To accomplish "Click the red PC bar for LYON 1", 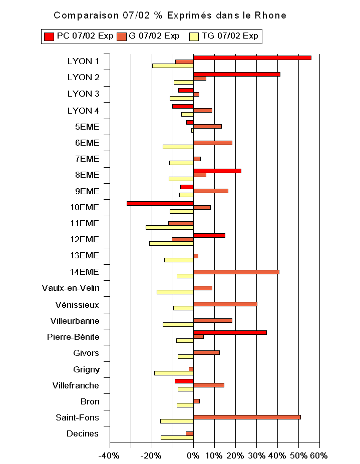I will tap(252, 58).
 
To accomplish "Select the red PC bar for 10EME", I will tap(160, 203).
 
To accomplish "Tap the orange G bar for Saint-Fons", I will tap(247, 416).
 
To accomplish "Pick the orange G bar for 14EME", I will tap(236, 272).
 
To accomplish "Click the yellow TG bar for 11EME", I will tap(169, 227).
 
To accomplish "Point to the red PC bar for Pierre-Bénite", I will tap(230, 332).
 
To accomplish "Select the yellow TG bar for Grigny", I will tap(174, 373).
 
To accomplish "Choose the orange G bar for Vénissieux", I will tap(225, 304).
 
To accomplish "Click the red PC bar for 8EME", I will tap(217, 171).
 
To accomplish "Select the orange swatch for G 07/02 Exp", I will tap(122, 36).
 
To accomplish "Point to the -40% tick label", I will tap(109, 455).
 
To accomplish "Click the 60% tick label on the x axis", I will tap(318, 455).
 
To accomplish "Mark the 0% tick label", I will tap(193, 455).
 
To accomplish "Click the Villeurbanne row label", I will tap(75, 321).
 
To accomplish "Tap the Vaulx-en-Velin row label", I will tap(71, 288).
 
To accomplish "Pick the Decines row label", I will tap(82, 433).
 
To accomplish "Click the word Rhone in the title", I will tap(271, 16).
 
